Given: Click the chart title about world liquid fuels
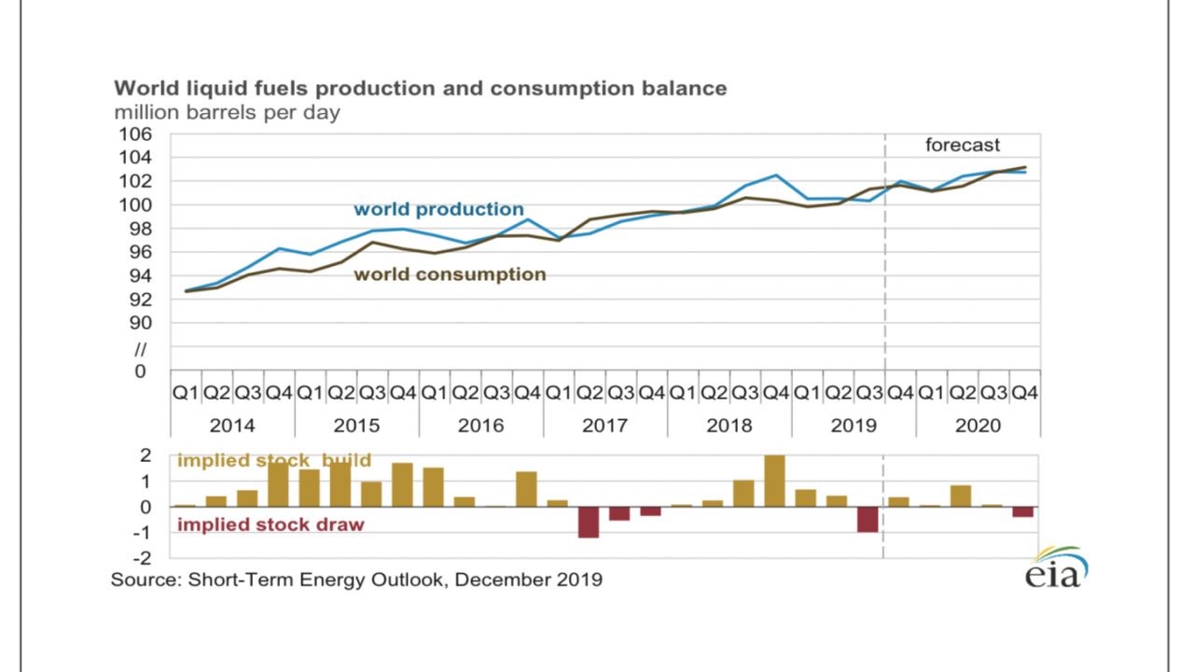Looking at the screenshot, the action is [420, 89].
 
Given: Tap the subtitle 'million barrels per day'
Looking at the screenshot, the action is [227, 113].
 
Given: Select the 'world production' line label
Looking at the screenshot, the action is [438, 209].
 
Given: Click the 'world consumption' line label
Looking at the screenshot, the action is [450, 274].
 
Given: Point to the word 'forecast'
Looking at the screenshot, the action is [962, 145].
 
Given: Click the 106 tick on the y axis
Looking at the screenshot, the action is [135, 133].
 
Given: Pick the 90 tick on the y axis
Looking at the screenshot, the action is [140, 323].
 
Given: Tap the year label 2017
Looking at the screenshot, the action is [604, 426].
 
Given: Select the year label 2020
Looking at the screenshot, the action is [978, 426].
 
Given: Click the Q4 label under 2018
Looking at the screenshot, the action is [775, 393].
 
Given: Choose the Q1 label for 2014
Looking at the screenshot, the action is [185, 393].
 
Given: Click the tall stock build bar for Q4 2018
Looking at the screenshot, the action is [774, 481].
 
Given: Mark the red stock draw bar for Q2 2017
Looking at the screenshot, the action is [589, 522].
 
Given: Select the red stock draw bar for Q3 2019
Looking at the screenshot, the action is [868, 520].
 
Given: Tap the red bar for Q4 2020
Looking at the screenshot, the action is [1023, 512].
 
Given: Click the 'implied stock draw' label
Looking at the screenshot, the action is [271, 525].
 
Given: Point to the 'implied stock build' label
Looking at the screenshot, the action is [274, 460].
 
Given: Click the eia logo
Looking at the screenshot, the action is [1057, 567].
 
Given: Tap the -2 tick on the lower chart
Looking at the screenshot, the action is [143, 558].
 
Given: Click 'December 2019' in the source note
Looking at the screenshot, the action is [529, 580].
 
